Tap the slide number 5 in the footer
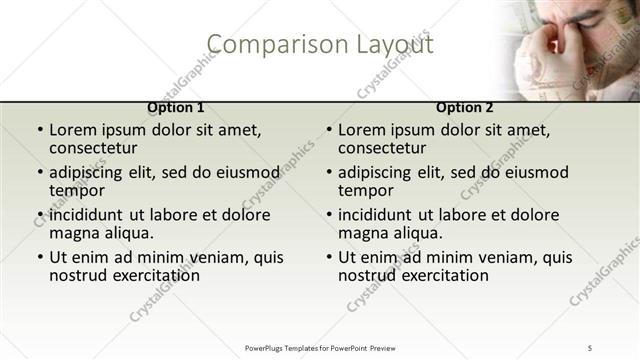pos(590,347)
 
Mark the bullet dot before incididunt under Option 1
pos(40,215)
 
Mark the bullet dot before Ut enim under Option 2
pos(329,257)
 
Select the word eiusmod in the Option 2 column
pos(533,172)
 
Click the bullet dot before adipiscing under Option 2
pos(329,172)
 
